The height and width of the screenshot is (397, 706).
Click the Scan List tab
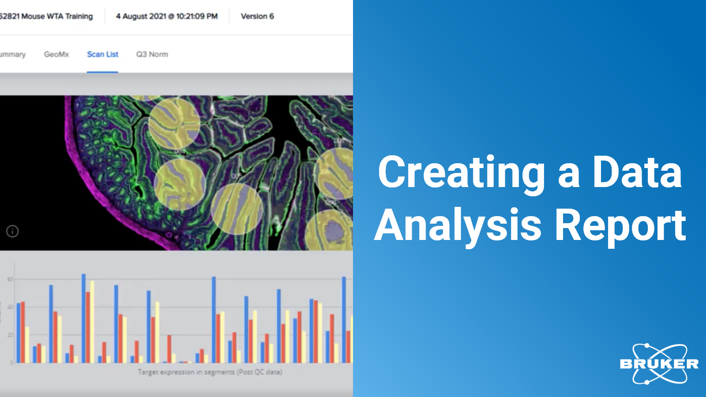[x=102, y=54]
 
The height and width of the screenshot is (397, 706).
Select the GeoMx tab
[x=56, y=54]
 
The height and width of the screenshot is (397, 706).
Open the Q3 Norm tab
[x=152, y=54]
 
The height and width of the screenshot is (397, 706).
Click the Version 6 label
[x=257, y=16]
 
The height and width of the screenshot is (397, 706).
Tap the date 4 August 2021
[x=141, y=16]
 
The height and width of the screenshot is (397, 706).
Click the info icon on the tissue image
[x=12, y=231]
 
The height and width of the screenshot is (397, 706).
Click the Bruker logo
[x=659, y=364]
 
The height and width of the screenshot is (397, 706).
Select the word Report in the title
[x=620, y=225]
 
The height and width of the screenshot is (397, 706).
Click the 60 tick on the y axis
[x=10, y=279]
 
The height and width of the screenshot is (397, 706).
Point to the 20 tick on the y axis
[x=10, y=335]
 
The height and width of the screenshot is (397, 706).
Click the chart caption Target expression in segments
[x=210, y=372]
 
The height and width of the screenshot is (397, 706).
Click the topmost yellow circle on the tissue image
[x=174, y=123]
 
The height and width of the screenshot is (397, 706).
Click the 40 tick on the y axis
[x=10, y=307]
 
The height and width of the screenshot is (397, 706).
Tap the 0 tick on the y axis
[x=11, y=363]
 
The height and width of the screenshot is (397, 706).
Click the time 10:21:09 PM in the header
[x=197, y=16]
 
